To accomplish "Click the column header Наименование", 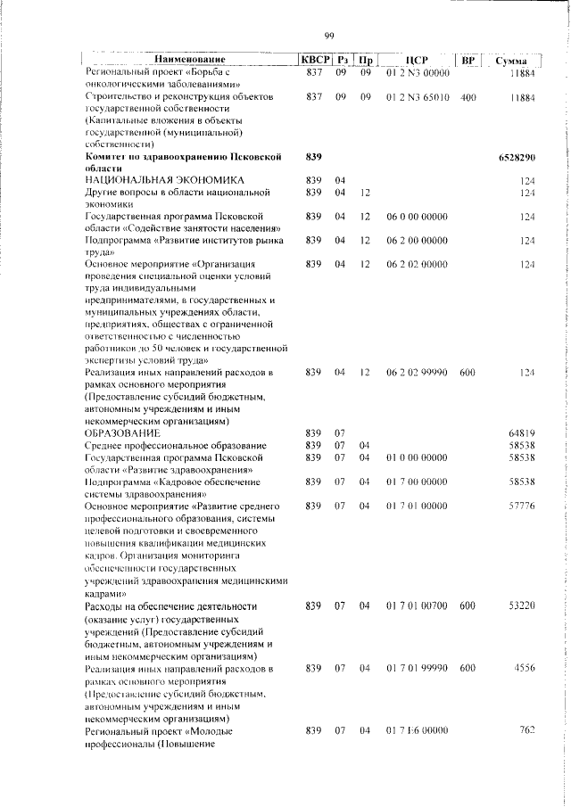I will [189, 60].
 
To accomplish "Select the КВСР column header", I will [313, 60].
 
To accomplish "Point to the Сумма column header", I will [516, 60].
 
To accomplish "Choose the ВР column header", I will [468, 60].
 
